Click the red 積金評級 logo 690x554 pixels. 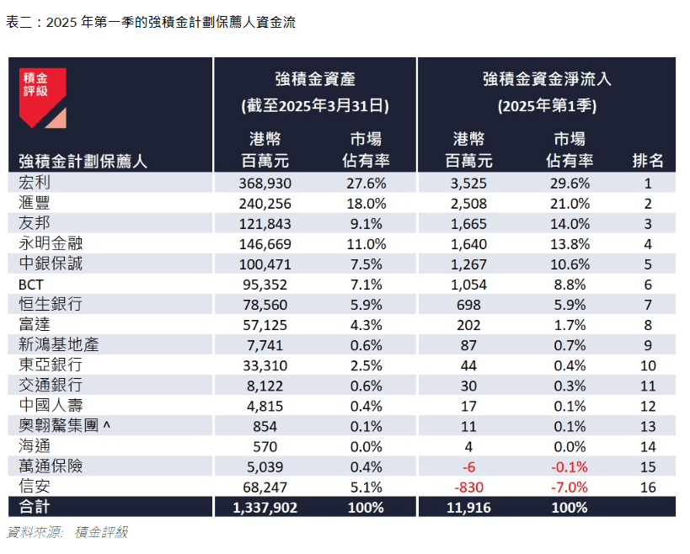[42, 98]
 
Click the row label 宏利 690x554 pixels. [35, 183]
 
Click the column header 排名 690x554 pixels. [648, 161]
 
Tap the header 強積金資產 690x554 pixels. [315, 80]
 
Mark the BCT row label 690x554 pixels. [30, 285]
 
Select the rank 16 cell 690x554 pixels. [648, 487]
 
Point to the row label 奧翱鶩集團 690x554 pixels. [59, 426]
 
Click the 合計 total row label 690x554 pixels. [35, 507]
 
